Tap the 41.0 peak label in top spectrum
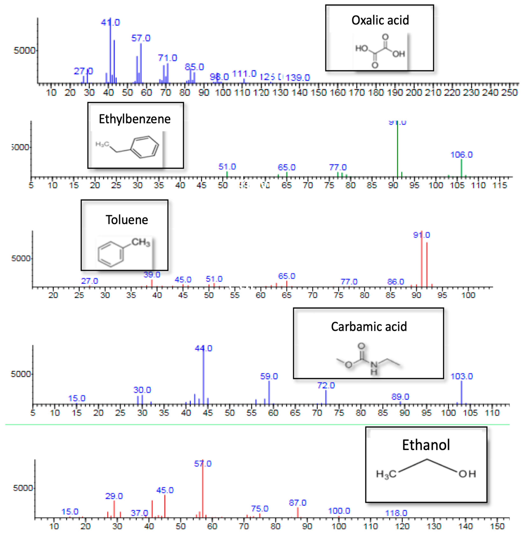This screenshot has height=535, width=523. click(x=110, y=22)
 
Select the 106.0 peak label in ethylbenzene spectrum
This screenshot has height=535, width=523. click(x=461, y=155)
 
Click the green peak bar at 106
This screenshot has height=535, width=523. click(x=461, y=168)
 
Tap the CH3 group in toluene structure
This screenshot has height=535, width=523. click(x=141, y=242)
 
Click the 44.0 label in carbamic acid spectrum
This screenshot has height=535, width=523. click(x=204, y=348)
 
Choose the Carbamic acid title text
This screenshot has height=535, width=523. click(x=369, y=327)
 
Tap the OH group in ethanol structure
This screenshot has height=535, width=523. click(x=467, y=474)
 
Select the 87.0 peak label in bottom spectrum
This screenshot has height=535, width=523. click(x=298, y=503)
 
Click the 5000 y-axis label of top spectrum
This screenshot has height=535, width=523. click(x=24, y=51)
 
